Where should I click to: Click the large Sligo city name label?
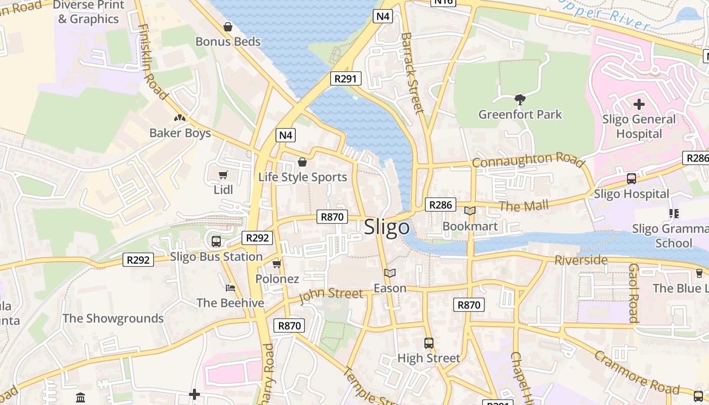point(387,227)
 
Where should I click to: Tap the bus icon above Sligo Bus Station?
point(216,241)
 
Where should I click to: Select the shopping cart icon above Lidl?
point(223,175)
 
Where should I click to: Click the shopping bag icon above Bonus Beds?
point(228,27)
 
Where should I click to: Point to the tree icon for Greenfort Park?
point(520,99)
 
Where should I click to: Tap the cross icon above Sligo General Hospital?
point(639,104)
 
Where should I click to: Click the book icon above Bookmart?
point(470,211)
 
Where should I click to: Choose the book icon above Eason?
point(389,273)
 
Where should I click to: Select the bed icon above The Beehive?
point(230,288)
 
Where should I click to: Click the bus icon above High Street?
point(429,343)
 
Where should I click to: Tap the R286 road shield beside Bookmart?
point(440,205)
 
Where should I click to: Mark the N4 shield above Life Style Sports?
point(286,135)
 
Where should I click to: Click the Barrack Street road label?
point(411,73)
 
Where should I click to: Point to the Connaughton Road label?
point(528,160)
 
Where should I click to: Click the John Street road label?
point(331,295)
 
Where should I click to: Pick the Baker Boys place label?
point(180,133)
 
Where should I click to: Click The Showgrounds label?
point(113,318)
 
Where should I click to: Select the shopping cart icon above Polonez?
point(277,264)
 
